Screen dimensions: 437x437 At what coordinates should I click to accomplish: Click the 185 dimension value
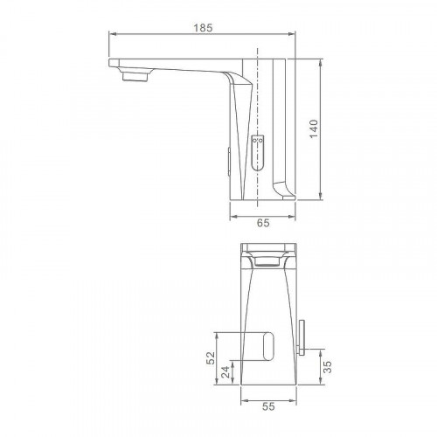[204, 28]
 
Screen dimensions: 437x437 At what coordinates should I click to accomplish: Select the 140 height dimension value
[314, 128]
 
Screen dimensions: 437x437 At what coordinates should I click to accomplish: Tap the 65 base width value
[263, 223]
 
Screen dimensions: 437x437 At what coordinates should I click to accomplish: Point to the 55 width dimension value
[268, 406]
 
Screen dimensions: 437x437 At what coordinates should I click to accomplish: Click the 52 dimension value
[211, 358]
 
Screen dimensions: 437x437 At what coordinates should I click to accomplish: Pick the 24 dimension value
[225, 372]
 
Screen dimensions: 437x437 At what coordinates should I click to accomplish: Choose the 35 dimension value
[328, 367]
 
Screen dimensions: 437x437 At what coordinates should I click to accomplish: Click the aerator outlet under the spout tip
[135, 77]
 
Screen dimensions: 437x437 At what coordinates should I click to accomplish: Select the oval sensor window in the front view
[268, 346]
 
